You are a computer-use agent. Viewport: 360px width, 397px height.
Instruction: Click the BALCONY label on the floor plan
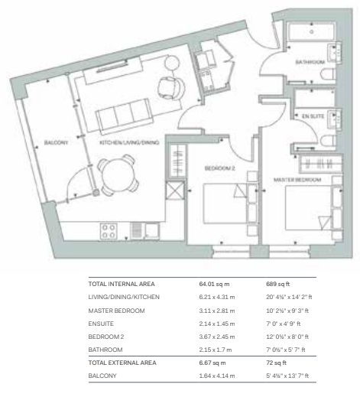[56, 142]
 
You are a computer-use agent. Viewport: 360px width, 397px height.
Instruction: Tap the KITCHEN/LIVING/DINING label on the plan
[129, 142]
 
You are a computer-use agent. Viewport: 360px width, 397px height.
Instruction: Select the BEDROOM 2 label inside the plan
[219, 168]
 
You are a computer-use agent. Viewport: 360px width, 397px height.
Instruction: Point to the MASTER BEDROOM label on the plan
[297, 180]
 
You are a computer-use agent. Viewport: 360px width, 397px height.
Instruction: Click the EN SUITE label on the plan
[313, 116]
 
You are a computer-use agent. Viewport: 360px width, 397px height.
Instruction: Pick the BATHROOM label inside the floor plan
[310, 62]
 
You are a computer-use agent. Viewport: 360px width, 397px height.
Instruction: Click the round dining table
[118, 175]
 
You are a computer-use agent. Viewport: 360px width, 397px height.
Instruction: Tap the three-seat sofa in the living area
[124, 116]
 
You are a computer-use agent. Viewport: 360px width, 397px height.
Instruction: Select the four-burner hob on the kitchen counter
[109, 231]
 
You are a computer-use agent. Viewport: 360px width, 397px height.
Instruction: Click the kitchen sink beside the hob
[152, 231]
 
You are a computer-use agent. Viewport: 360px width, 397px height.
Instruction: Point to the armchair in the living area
[171, 88]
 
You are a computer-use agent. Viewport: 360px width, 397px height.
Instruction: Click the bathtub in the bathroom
[311, 31]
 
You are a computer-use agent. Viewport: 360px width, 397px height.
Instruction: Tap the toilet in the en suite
[328, 142]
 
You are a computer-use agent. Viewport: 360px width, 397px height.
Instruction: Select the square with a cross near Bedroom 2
[175, 190]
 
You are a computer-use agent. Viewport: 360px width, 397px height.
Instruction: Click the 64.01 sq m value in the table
[214, 284]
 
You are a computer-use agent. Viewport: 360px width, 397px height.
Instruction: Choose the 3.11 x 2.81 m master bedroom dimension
[217, 311]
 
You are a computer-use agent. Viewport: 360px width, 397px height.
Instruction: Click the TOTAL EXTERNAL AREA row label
[122, 363]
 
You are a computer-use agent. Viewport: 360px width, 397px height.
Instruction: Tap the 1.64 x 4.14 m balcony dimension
[217, 376]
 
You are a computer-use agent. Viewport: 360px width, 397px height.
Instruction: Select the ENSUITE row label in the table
[101, 324]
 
